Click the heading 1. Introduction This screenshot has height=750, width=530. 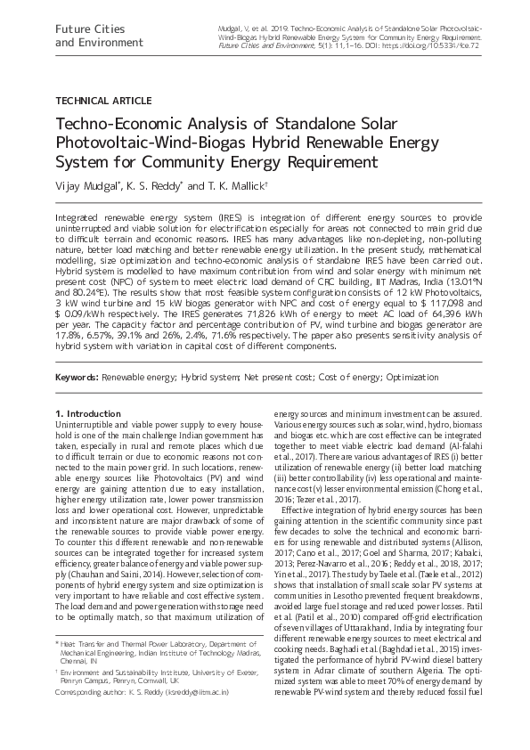click(x=87, y=414)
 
